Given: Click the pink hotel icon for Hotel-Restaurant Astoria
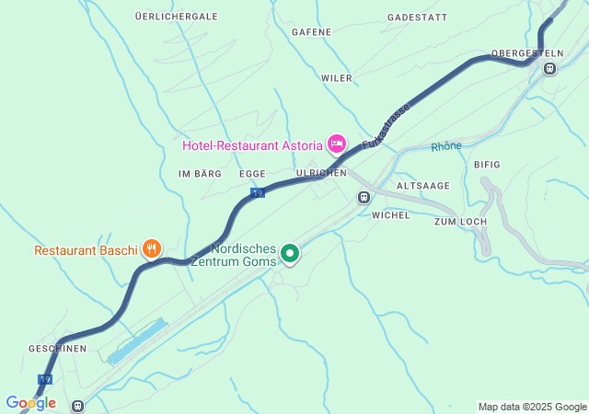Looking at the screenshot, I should click(x=337, y=144).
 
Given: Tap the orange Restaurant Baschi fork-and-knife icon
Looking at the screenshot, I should click(x=152, y=248).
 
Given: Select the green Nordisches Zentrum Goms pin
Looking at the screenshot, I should click(x=290, y=252).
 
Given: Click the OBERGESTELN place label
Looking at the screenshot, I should click(x=527, y=53).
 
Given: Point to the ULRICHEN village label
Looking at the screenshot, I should click(x=321, y=173).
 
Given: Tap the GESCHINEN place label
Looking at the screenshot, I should click(x=57, y=349).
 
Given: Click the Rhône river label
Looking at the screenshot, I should click(x=446, y=146).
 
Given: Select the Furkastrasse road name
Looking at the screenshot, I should click(x=386, y=127).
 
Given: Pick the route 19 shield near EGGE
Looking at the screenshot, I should click(x=258, y=192).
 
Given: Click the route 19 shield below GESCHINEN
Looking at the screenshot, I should click(x=45, y=379).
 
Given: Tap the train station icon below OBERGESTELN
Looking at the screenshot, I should click(x=550, y=68).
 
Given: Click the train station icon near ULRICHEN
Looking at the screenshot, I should click(x=364, y=197).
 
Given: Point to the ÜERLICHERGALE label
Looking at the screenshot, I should click(x=176, y=17).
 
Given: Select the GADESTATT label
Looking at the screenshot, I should click(x=417, y=17).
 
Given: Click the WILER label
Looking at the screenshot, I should click(x=336, y=78).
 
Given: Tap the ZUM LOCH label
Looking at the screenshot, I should click(x=459, y=223).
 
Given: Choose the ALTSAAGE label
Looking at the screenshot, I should click(x=422, y=186).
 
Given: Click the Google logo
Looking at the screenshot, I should click(x=30, y=403).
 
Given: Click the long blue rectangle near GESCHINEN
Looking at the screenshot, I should click(x=137, y=340).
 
